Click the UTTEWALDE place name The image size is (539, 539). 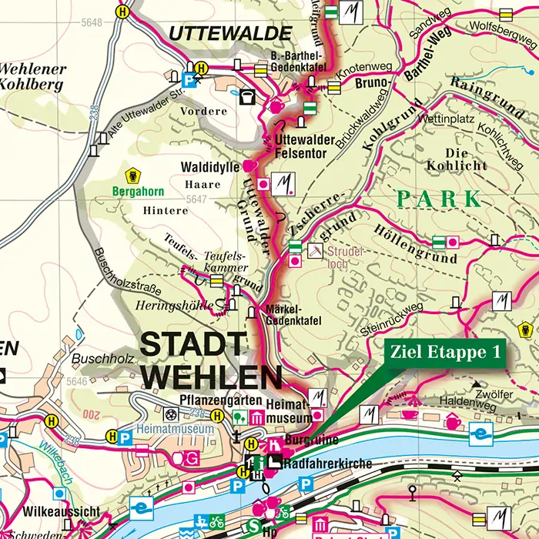[230, 34]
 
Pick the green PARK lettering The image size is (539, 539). [438, 199]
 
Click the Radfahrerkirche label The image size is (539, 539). [328, 464]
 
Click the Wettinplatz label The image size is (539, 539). [444, 120]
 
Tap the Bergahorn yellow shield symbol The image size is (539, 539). [133, 175]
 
